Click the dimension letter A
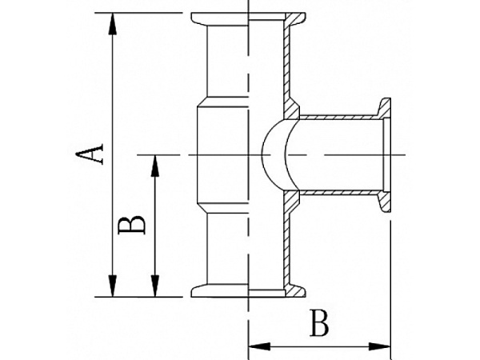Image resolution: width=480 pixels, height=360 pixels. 90,154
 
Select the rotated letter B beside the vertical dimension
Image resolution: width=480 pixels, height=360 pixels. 132,225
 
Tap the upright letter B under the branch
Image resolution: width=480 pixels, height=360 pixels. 319,323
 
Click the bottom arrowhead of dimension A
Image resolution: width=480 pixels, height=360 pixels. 113,286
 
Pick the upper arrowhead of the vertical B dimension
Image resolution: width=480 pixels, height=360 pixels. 155,166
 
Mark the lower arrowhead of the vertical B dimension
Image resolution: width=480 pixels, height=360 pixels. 155,286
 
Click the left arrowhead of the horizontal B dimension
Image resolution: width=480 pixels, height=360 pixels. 259,346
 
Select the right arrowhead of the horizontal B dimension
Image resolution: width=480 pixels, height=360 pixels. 379,346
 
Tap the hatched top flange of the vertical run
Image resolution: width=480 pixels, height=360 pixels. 294,19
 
